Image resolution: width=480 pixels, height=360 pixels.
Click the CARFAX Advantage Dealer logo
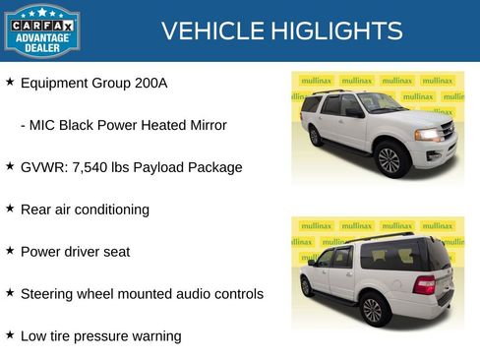[41, 30]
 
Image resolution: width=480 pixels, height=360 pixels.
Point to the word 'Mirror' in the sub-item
[205, 126]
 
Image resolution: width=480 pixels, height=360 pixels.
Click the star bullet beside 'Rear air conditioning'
[10, 209]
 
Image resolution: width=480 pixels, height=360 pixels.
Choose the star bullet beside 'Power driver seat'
[10, 251]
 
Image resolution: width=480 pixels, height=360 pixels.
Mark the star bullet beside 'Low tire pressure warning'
[10, 335]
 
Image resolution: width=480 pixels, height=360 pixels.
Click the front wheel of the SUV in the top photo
[389, 159]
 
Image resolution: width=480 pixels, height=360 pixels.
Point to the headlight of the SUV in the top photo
[429, 134]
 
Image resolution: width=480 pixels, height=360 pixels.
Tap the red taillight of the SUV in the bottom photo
[425, 284]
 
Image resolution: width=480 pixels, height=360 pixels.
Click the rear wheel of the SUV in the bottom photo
[373, 309]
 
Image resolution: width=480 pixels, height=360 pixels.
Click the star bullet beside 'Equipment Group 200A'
[10, 83]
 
